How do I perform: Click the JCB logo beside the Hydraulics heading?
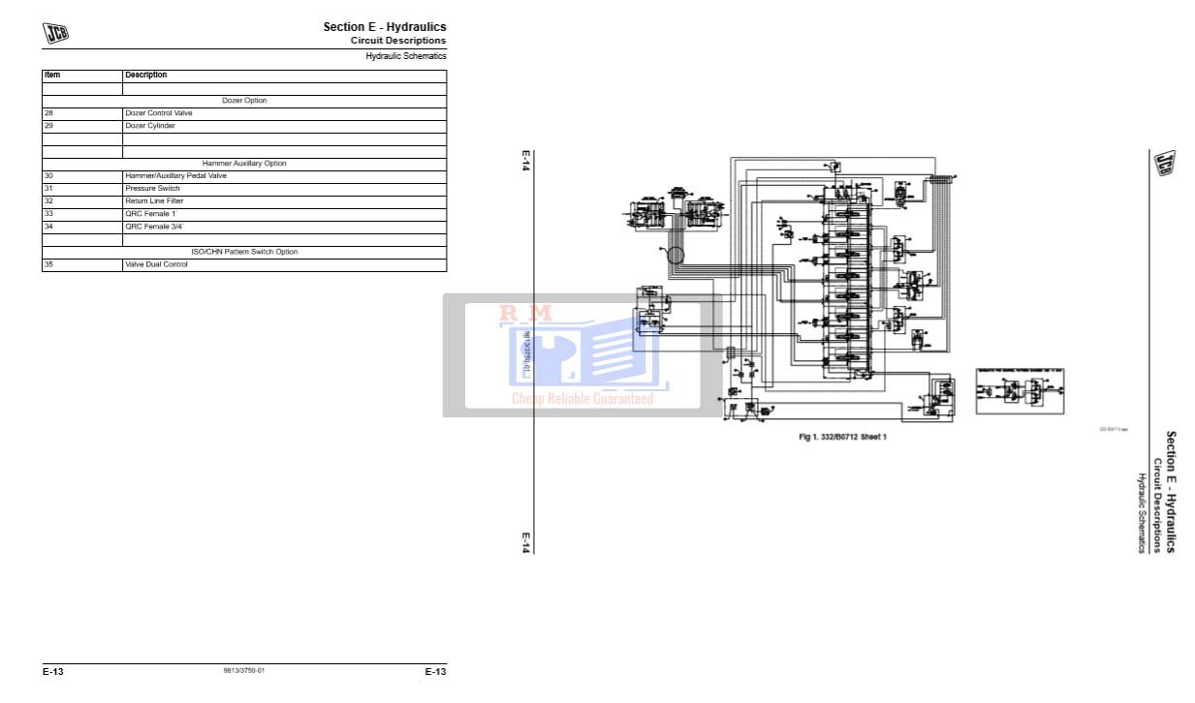point(55,33)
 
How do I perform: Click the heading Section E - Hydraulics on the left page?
point(384,27)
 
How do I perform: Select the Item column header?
point(52,75)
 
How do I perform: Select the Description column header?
point(145,75)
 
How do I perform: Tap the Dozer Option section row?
point(244,101)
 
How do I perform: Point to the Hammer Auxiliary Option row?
point(244,164)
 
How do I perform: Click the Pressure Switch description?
point(152,189)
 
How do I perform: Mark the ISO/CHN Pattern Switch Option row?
point(244,252)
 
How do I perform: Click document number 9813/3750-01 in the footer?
point(244,671)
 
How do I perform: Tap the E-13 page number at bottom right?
point(435,672)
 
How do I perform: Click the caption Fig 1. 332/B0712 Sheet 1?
point(842,438)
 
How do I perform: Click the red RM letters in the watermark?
point(525,314)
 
